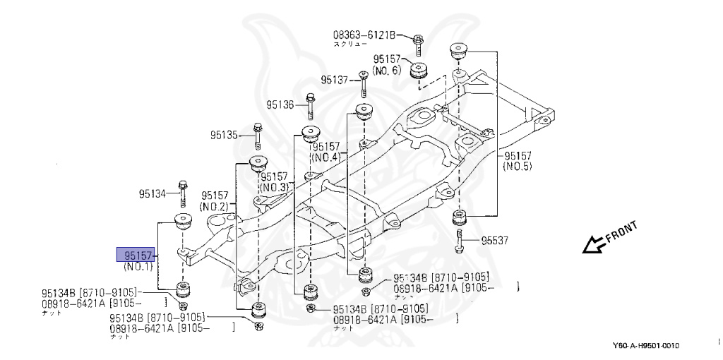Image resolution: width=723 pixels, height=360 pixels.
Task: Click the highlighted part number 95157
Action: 135,255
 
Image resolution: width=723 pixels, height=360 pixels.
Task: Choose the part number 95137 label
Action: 334,80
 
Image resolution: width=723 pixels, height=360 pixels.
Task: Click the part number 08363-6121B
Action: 365,34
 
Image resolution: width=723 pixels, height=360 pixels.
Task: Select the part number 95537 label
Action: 494,241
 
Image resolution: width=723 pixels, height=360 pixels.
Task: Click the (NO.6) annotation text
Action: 386,71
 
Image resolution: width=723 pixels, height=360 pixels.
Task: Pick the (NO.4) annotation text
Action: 326,157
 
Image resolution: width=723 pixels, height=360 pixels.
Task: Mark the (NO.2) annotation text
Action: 214,206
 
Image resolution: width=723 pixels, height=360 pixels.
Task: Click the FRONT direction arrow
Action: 592,244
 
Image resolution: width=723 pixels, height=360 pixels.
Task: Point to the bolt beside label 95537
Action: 460,240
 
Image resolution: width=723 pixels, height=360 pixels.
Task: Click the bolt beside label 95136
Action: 310,105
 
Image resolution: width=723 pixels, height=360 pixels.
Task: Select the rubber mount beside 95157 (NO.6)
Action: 421,71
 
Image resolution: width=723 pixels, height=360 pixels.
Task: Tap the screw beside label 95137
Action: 362,83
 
